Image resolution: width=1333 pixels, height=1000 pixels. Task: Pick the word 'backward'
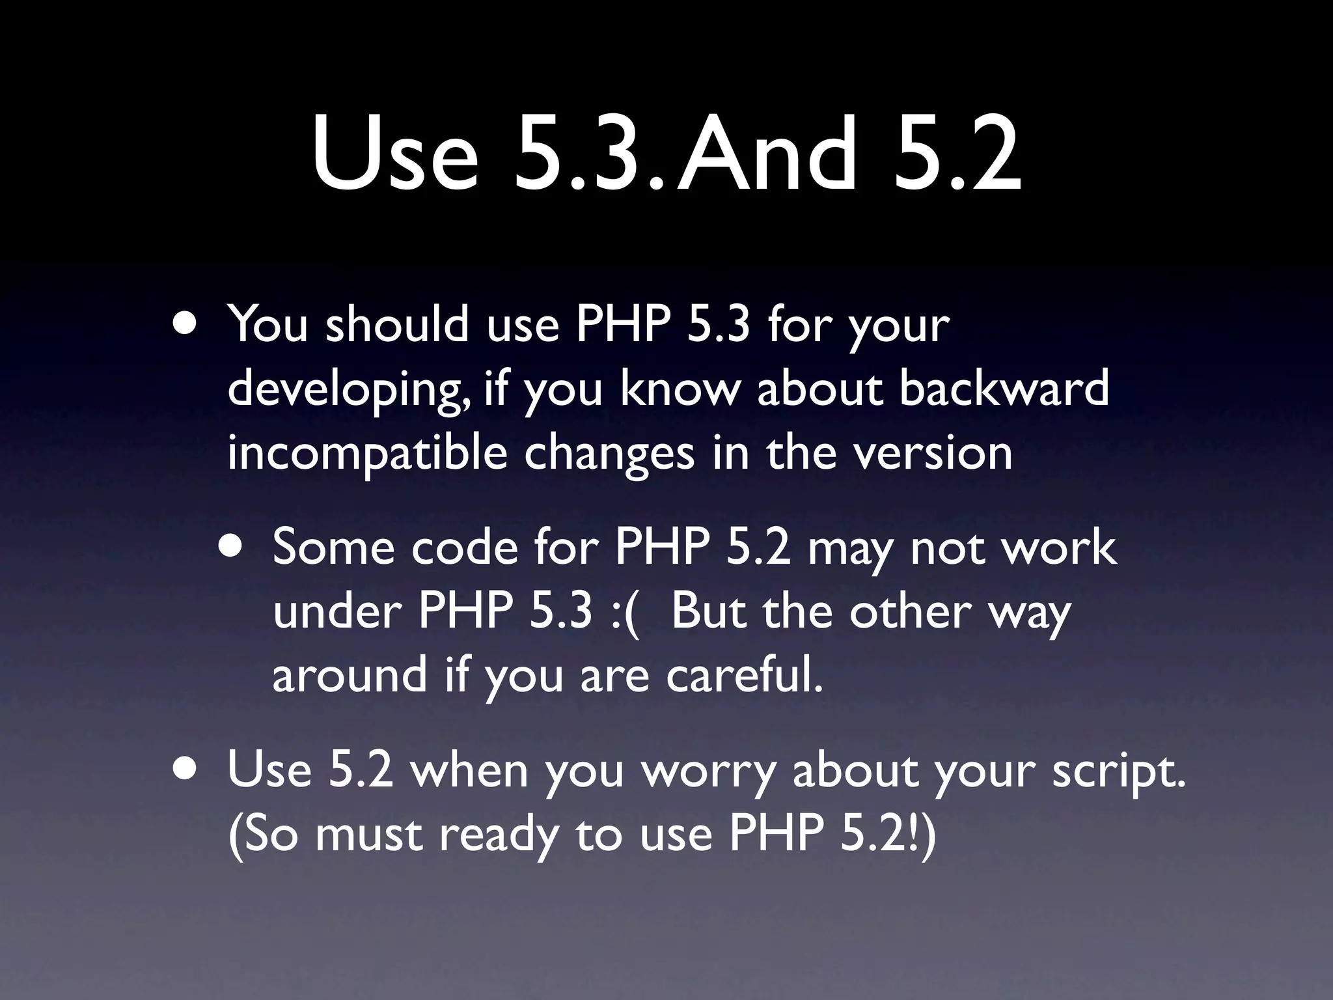click(1004, 388)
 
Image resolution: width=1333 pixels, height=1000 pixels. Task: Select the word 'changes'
click(609, 454)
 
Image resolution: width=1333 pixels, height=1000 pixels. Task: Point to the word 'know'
click(680, 388)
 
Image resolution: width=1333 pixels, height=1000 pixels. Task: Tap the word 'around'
click(350, 674)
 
